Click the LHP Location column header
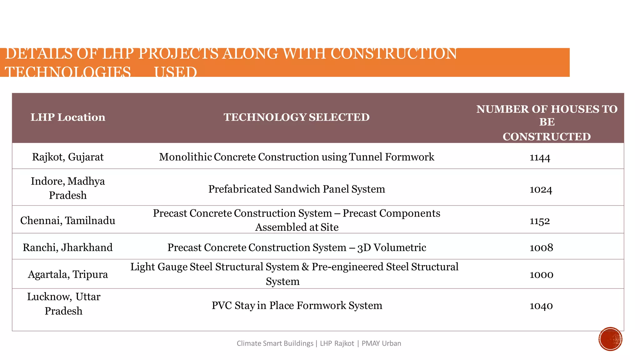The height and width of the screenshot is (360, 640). click(x=68, y=117)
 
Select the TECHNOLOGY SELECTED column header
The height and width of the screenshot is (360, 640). click(x=296, y=117)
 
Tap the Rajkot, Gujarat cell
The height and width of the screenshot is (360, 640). click(x=68, y=157)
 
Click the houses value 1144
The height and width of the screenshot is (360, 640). click(x=540, y=157)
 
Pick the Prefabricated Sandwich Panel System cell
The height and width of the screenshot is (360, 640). click(x=296, y=189)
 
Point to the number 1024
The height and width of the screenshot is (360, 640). click(x=541, y=190)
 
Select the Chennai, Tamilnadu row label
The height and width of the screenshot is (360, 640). click(x=68, y=221)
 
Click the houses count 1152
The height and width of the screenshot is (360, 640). click(x=540, y=221)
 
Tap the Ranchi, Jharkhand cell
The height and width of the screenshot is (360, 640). click(x=68, y=247)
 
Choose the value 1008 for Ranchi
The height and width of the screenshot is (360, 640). click(x=541, y=248)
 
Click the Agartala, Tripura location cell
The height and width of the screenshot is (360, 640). click(x=68, y=274)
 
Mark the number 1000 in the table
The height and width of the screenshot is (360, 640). click(x=541, y=275)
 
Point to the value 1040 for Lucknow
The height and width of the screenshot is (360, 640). click(x=541, y=306)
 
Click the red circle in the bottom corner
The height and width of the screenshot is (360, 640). click(x=610, y=339)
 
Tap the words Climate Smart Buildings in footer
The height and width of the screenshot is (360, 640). click(x=275, y=343)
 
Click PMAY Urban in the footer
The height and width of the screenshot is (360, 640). click(x=381, y=343)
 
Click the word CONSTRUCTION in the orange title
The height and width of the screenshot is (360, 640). click(x=393, y=54)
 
